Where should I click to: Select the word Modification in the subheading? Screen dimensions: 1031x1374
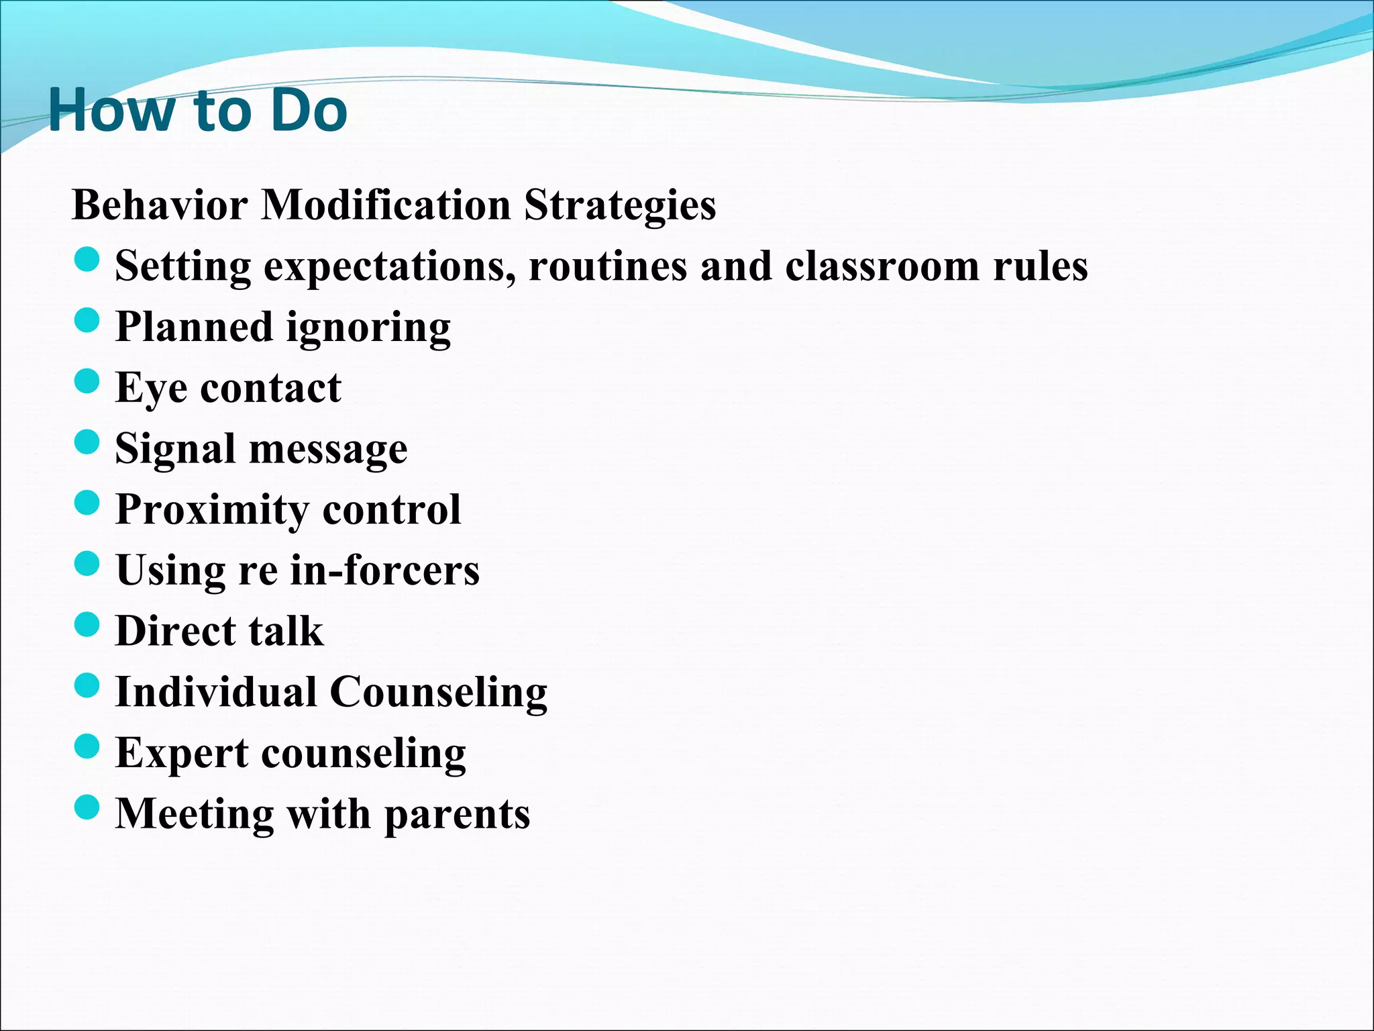(385, 205)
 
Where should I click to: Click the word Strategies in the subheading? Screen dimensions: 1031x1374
(620, 205)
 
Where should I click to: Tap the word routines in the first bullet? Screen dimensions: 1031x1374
(608, 266)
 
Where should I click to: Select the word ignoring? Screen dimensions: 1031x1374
(368, 329)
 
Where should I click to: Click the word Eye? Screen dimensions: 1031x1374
(151, 389)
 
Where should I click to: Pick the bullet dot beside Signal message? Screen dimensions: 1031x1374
(87, 442)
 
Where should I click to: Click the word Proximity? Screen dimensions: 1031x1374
(212, 510)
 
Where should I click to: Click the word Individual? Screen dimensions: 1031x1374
(216, 692)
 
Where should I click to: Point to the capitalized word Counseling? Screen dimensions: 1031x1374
(439, 693)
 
